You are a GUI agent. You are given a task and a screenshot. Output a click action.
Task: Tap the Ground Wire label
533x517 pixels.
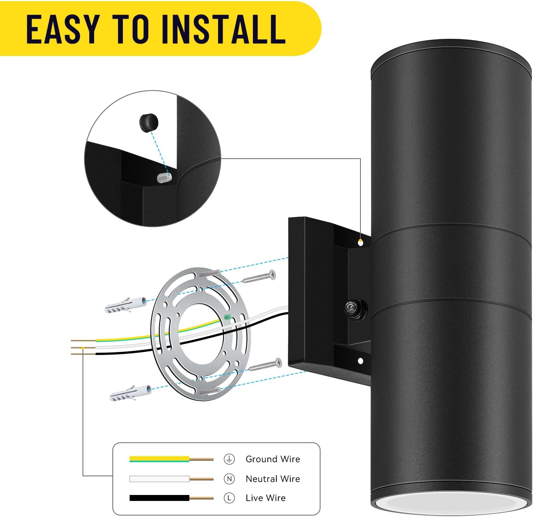point(273,459)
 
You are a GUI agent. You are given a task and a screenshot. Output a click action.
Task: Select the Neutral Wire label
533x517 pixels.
point(273,479)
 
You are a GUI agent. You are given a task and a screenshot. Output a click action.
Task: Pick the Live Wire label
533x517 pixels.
point(266,498)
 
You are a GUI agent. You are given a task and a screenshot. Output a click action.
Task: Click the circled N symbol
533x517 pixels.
point(229,479)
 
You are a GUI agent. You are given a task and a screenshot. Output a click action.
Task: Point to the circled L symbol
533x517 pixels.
point(229,498)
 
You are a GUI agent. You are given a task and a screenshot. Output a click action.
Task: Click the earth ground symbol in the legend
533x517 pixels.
point(229,459)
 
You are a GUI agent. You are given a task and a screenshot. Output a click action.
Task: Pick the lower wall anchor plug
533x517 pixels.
point(130,393)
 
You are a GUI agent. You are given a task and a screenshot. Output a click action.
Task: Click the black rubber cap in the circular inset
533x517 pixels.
point(149,122)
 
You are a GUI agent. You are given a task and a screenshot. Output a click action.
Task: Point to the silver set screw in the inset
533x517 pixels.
point(164,178)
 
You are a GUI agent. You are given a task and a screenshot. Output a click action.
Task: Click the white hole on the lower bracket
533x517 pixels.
point(360,361)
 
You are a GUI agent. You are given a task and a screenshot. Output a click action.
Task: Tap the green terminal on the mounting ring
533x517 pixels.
point(227,317)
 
